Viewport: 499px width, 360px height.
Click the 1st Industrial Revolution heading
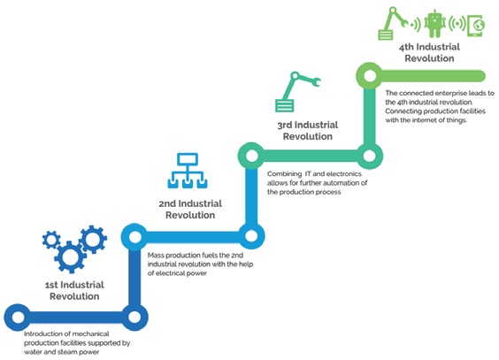click(x=74, y=290)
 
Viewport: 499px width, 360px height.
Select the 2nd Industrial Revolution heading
click(x=190, y=210)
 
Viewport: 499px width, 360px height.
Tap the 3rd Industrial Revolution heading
click(x=308, y=130)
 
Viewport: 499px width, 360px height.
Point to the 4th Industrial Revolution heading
click(x=429, y=52)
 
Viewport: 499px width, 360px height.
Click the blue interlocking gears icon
click(x=74, y=249)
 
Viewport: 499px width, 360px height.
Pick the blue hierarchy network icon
click(x=188, y=171)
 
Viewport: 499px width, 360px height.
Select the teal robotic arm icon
click(x=297, y=92)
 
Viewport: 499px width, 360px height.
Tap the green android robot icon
click(x=434, y=23)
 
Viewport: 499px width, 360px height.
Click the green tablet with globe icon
click(x=476, y=25)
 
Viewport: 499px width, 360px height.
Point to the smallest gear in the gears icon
click(x=51, y=240)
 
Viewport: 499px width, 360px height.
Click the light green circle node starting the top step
click(x=370, y=76)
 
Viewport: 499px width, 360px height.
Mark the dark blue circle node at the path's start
click(x=18, y=317)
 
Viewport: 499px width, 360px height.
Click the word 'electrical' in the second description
click(x=172, y=273)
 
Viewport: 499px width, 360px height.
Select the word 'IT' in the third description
click(x=308, y=173)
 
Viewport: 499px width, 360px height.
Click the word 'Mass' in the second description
click(x=156, y=255)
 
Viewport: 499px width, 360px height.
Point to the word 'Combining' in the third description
click(x=285, y=174)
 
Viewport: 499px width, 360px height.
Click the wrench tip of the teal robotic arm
click(x=317, y=82)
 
